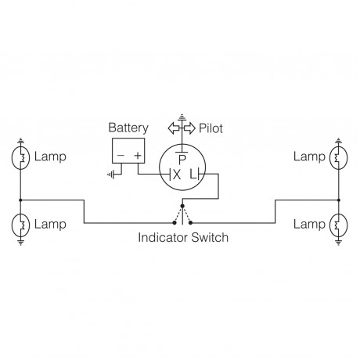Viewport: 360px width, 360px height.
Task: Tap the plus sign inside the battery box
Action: coord(138,156)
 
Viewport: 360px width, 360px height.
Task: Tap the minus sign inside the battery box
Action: coord(121,156)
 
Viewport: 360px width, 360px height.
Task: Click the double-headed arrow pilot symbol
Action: coord(180,128)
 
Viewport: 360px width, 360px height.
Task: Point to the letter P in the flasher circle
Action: coord(181,159)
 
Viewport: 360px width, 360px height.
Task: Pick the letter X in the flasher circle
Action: coord(175,175)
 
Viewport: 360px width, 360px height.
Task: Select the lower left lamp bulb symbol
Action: coord(21,225)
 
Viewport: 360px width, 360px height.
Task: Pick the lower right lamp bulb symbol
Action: coord(338,225)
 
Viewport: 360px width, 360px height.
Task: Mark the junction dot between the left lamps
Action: coord(21,200)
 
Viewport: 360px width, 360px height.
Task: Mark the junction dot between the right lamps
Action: coord(338,200)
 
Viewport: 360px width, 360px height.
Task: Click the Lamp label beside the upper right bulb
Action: coord(308,157)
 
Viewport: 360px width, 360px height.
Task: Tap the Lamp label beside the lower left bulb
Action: coord(50,225)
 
